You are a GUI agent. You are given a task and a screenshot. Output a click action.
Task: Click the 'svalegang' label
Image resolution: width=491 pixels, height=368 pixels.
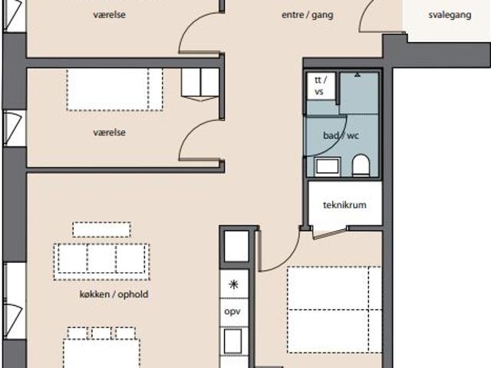click(450, 15)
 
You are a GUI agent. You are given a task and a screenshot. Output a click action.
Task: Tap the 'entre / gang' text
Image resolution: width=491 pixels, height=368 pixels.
click(307, 15)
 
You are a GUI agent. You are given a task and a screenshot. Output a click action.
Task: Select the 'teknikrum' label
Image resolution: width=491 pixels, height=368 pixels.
click(344, 205)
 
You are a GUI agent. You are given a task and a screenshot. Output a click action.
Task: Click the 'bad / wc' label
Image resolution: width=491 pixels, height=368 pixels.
click(341, 136)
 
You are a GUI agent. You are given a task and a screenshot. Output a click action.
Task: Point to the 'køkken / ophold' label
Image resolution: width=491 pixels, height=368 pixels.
click(114, 294)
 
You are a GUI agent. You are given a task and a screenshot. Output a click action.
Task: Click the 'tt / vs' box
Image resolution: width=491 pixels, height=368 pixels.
click(321, 86)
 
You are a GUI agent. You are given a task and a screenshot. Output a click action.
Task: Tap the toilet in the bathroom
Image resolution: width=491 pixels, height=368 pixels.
click(361, 165)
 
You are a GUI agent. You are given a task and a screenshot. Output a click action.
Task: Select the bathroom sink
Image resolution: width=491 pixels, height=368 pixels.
click(328, 166)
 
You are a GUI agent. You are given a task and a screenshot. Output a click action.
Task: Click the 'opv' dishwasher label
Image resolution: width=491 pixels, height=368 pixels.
click(232, 312)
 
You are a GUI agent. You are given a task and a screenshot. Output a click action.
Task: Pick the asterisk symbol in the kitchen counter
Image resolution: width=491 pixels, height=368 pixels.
click(233, 284)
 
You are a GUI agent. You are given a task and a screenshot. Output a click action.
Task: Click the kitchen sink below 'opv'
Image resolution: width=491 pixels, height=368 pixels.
click(232, 341)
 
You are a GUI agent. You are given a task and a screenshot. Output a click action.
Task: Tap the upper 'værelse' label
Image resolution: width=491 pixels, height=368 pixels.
click(109, 15)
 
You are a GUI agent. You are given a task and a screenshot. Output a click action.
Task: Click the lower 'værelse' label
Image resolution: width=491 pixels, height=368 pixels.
click(109, 133)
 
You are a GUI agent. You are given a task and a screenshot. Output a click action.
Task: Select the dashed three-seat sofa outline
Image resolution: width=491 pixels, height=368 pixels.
click(101, 262)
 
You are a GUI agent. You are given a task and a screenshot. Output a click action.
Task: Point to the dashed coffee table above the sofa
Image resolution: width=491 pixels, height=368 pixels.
click(102, 229)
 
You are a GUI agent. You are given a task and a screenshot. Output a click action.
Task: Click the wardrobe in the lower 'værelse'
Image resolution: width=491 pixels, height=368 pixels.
click(200, 84)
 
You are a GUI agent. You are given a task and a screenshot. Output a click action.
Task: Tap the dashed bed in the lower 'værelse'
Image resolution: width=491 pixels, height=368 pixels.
click(114, 90)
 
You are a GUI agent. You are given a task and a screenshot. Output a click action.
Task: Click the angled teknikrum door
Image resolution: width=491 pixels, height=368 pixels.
click(329, 233)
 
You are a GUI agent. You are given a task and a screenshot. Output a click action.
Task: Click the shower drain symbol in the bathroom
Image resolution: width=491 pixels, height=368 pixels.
click(358, 75)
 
